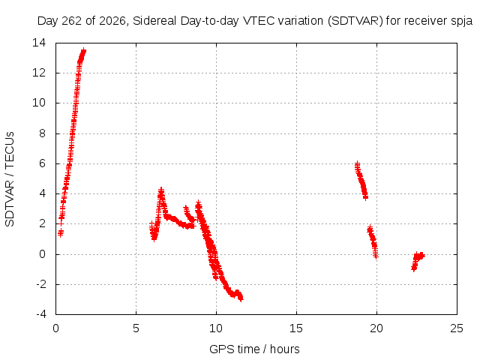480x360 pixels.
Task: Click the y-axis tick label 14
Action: pyautogui.click(x=39, y=43)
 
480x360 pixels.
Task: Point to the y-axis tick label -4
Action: pyautogui.click(x=41, y=314)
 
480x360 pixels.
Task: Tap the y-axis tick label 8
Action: pyautogui.click(x=42, y=133)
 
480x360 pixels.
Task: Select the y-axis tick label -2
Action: pyautogui.click(x=41, y=284)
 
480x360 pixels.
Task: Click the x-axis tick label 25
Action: pyautogui.click(x=457, y=328)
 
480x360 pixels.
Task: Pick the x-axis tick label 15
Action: pyautogui.click(x=296, y=328)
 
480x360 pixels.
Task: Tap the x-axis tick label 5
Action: pyautogui.click(x=136, y=328)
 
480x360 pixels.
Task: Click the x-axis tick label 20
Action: pyautogui.click(x=376, y=328)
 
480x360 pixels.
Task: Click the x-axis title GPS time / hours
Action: pyautogui.click(x=254, y=349)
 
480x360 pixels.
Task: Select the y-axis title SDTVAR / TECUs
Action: pyautogui.click(x=10, y=179)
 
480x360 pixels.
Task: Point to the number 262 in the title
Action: pyautogui.click(x=72, y=21)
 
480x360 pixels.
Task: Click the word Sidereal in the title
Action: pyautogui.click(x=154, y=21)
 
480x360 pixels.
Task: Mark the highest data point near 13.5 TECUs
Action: pyautogui.click(x=83, y=51)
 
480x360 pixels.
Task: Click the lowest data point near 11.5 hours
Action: pyautogui.click(x=241, y=298)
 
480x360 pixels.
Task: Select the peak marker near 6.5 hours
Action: pyautogui.click(x=161, y=190)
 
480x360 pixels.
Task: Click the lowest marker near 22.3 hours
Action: pyautogui.click(x=413, y=268)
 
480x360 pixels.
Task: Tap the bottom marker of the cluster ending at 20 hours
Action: pyautogui.click(x=376, y=255)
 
